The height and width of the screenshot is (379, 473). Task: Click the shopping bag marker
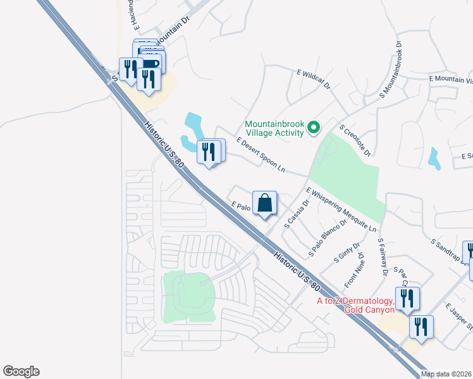pos(265,203)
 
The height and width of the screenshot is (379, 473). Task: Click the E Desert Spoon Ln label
pos(261,155)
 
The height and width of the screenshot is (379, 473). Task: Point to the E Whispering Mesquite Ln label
pos(341,209)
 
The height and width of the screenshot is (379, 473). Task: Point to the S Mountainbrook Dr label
pos(391,69)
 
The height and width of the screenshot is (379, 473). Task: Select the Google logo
pos(21,371)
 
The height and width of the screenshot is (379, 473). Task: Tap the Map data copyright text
pos(446,374)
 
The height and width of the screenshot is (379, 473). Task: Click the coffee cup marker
pos(150,63)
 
